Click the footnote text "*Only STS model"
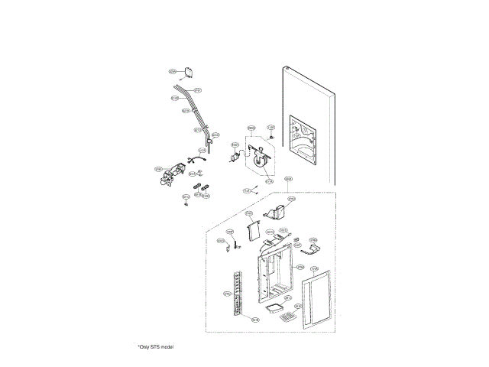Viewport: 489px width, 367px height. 156,347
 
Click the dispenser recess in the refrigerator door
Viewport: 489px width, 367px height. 305,138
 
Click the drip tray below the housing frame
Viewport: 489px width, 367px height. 273,307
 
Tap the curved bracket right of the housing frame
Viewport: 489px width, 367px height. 309,247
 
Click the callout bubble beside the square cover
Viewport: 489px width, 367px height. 173,71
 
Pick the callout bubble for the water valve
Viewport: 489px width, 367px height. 159,169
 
